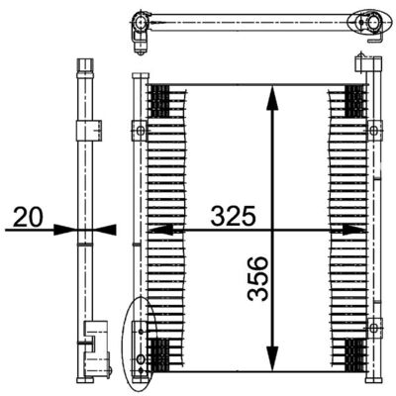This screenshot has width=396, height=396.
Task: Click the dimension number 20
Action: coord(31,215)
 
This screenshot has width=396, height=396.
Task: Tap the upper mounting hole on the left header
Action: coord(140,130)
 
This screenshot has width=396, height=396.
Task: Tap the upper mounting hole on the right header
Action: coord(373,129)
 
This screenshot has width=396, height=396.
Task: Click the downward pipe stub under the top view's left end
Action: coord(141,39)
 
